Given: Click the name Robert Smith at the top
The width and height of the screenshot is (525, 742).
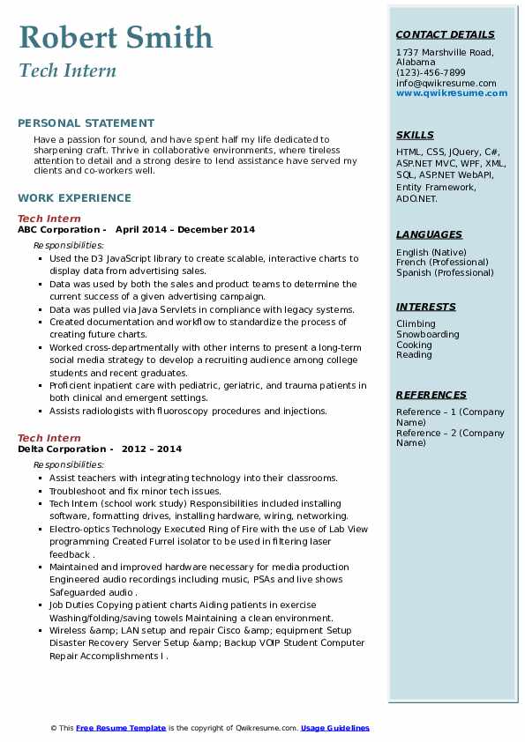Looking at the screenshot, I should pyautogui.click(x=116, y=37).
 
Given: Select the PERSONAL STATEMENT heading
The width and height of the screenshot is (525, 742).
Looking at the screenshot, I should pyautogui.click(x=86, y=123).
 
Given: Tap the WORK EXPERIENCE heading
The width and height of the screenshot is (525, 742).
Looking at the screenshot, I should pyautogui.click(x=74, y=198).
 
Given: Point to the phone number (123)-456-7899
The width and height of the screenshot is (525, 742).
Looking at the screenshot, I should pyautogui.click(x=431, y=73).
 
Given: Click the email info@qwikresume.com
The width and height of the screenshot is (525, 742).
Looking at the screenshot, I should pyautogui.click(x=446, y=84).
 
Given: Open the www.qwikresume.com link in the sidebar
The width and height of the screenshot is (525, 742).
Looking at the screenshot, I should pyautogui.click(x=452, y=93).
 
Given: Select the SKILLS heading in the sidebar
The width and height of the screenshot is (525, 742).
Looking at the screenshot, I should pyautogui.click(x=415, y=136).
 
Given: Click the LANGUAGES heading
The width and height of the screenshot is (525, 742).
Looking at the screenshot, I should pyautogui.click(x=429, y=235).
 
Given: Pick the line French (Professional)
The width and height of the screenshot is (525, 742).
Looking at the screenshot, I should pyautogui.click(x=443, y=263).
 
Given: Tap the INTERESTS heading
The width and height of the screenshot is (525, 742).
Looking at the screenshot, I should pyautogui.click(x=426, y=308).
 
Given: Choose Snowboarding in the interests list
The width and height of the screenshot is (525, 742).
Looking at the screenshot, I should pyautogui.click(x=428, y=335).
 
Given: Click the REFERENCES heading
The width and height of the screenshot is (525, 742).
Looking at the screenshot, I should pyautogui.click(x=430, y=396).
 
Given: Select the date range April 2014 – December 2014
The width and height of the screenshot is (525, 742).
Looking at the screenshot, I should pyautogui.click(x=185, y=230).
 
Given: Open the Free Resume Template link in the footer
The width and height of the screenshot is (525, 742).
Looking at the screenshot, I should pyautogui.click(x=121, y=728).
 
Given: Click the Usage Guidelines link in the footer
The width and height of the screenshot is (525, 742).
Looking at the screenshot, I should pyautogui.click(x=335, y=728).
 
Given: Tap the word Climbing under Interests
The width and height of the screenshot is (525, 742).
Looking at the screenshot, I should pyautogui.click(x=416, y=324).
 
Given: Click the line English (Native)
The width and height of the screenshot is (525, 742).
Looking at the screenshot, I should pyautogui.click(x=431, y=253).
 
